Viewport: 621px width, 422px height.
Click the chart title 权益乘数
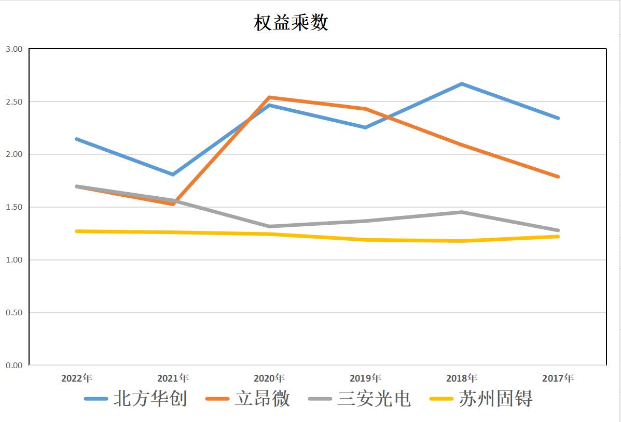pyautogui.click(x=291, y=23)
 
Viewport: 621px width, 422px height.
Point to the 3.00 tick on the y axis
pyautogui.click(x=14, y=49)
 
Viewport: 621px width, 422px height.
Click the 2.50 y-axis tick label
pyautogui.click(x=14, y=102)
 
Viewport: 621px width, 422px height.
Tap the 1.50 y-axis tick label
pyautogui.click(x=14, y=207)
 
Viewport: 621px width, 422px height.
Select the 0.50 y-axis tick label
pyautogui.click(x=14, y=313)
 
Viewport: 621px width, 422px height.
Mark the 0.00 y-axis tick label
pyautogui.click(x=14, y=366)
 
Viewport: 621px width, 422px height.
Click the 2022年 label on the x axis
pyautogui.click(x=77, y=378)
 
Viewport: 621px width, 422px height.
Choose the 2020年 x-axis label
pyautogui.click(x=269, y=378)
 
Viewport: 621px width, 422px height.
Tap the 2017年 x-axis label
pyautogui.click(x=558, y=378)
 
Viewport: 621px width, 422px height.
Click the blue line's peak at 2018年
pyautogui.click(x=462, y=83)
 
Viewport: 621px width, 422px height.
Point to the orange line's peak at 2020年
pyautogui.click(x=269, y=97)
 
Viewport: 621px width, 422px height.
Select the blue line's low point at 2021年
pyautogui.click(x=173, y=174)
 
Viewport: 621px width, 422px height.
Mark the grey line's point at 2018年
pyautogui.click(x=462, y=212)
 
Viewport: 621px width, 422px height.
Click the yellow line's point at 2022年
pyautogui.click(x=77, y=231)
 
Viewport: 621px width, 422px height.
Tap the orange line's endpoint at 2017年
pyautogui.click(x=558, y=177)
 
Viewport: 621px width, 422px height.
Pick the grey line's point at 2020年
pyautogui.click(x=269, y=226)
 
